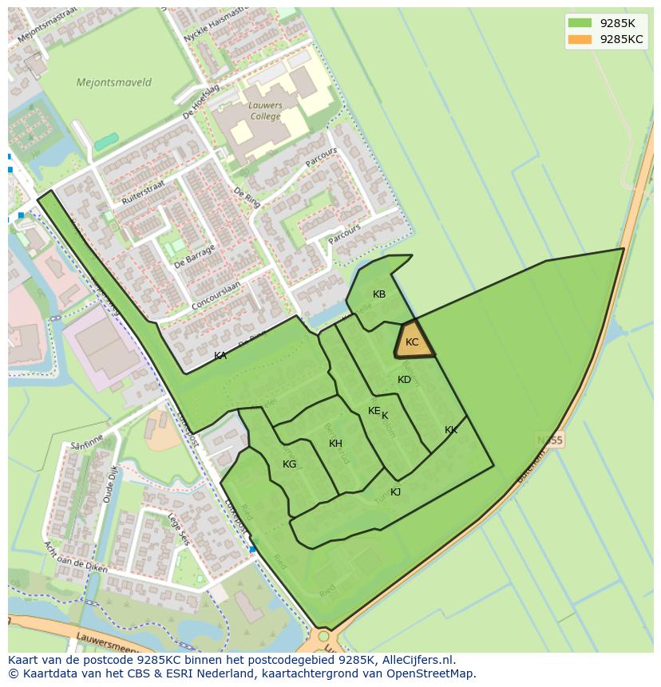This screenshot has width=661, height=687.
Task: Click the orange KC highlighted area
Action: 414,342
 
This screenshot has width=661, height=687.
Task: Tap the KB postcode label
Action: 379,294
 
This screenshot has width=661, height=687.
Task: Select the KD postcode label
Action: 404,380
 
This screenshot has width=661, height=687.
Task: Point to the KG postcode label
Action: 289,464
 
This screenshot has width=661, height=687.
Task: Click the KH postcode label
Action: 335,444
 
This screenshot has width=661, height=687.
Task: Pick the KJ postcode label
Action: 395,492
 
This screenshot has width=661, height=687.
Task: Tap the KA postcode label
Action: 220,356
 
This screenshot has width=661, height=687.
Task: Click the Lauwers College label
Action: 265,111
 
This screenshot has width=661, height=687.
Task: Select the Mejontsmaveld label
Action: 113,82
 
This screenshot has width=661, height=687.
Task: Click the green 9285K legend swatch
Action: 580,23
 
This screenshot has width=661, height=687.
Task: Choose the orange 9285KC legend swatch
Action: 580,39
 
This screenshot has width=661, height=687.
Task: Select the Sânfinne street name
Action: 88,447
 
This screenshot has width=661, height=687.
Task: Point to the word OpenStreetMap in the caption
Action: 434,673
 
